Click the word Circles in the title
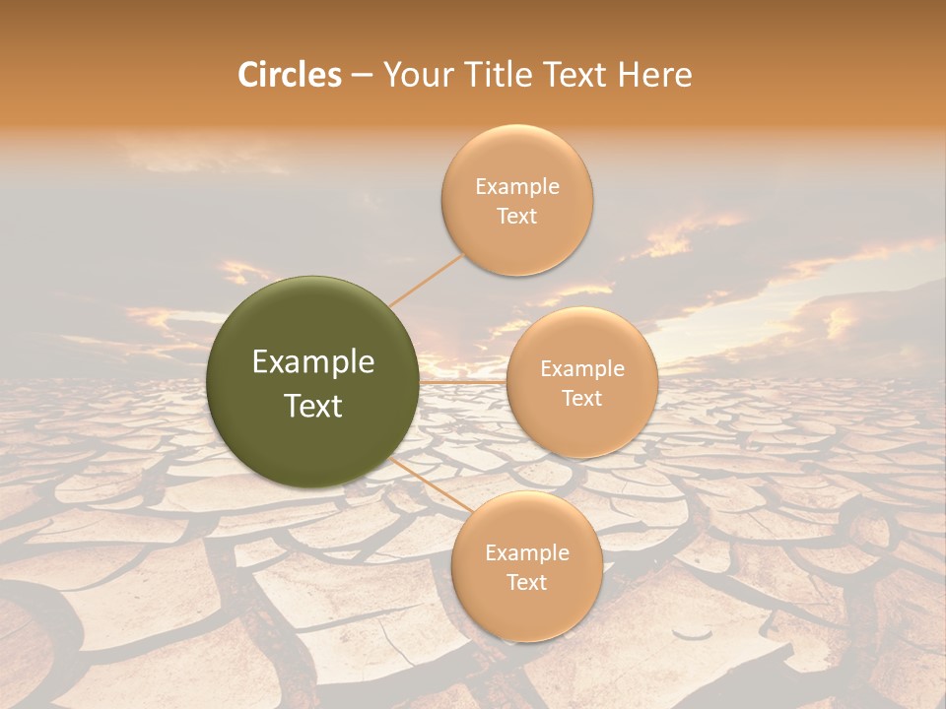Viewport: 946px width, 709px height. [x=289, y=75]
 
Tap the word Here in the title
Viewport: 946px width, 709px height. [x=655, y=75]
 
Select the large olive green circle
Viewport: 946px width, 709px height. [x=313, y=382]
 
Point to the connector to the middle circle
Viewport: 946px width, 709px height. [x=463, y=381]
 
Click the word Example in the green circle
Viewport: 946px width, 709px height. [x=313, y=362]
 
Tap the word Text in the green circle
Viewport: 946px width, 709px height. [x=313, y=406]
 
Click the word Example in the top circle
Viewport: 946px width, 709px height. [x=517, y=187]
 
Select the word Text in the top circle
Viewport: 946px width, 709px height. [x=517, y=217]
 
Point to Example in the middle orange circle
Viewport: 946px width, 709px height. [x=581, y=369]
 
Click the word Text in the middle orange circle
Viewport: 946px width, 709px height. [x=581, y=399]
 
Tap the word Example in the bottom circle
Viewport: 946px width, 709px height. [x=526, y=553]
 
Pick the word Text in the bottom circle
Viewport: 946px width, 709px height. [x=526, y=583]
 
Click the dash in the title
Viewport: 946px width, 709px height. [x=361, y=76]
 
